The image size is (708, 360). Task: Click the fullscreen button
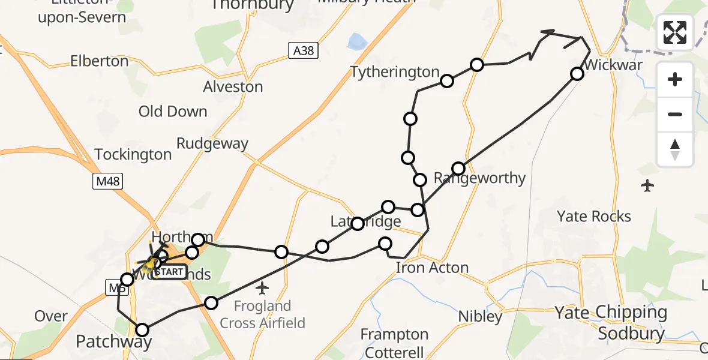point(675,32)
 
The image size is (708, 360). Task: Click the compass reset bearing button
point(675,149)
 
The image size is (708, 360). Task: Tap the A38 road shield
point(304,51)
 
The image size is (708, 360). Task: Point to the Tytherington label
point(395,72)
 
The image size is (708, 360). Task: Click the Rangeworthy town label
point(480,178)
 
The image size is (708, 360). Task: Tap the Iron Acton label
point(432,268)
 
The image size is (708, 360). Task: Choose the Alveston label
point(233,86)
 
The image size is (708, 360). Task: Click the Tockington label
point(133,154)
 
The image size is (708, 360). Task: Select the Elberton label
point(99,61)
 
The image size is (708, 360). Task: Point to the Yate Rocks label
point(594,216)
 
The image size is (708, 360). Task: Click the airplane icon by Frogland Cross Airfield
point(262,289)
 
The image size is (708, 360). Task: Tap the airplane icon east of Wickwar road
point(647,186)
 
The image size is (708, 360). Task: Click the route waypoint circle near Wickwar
point(577,74)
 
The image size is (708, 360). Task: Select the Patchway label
point(113,342)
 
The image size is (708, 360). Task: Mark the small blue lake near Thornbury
point(356,41)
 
